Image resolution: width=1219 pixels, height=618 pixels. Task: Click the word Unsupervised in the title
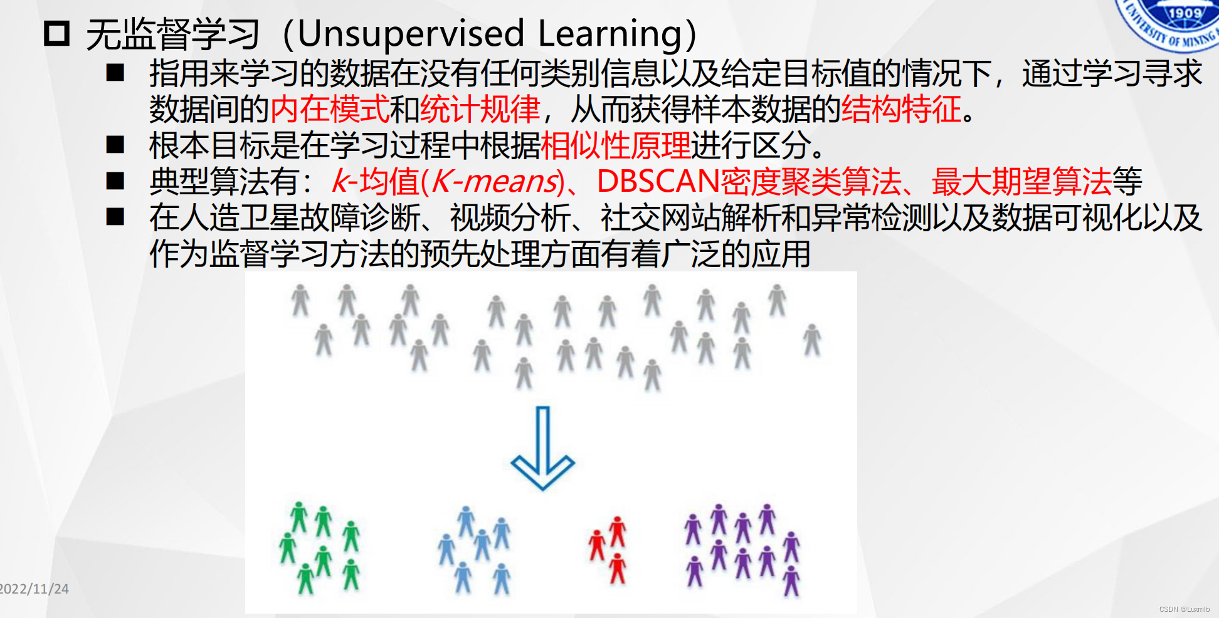[411, 34]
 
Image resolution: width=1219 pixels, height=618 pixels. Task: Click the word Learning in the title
[609, 35]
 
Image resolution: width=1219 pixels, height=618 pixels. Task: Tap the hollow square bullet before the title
[56, 33]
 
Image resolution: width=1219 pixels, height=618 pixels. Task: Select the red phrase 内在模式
[330, 109]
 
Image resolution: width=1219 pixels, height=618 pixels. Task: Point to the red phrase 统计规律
[480, 109]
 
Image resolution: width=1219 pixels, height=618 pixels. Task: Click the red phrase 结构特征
[902, 109]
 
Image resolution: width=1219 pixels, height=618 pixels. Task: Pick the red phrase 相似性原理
[616, 145]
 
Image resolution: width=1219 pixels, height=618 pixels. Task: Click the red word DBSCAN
[658, 181]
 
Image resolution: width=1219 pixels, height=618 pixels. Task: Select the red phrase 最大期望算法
[1021, 182]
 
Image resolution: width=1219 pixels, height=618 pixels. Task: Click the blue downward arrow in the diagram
[542, 448]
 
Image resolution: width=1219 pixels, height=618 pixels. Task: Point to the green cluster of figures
[320, 547]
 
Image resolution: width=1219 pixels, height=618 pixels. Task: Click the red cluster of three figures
[608, 550]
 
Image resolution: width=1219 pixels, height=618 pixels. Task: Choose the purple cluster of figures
[742, 549]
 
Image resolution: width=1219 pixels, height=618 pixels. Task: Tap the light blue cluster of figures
[475, 550]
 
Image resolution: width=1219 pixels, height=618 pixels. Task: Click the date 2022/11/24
[34, 589]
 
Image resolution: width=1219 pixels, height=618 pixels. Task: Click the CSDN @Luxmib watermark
[1184, 609]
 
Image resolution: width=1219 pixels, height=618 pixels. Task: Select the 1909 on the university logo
[1185, 13]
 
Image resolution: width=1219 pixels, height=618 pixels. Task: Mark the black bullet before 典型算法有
[115, 181]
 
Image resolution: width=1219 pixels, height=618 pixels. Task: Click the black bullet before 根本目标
[115, 145]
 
